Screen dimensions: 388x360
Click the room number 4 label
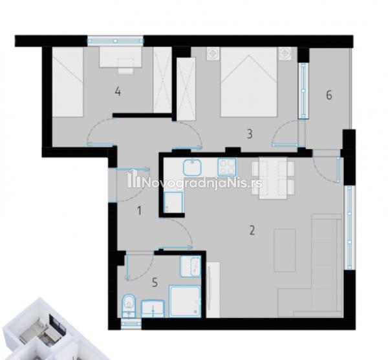click(118, 92)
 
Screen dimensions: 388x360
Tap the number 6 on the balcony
click(329, 95)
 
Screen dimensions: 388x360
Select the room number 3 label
click(250, 134)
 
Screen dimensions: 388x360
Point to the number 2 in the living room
click(252, 231)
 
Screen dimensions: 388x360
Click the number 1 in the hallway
click(139, 211)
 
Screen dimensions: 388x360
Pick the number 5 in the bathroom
click(155, 282)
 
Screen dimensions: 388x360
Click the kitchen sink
click(192, 167)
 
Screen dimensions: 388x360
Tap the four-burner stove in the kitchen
click(227, 167)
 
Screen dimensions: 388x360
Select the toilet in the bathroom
click(129, 306)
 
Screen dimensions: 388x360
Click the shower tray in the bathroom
click(185, 301)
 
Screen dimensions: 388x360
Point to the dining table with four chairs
click(273, 178)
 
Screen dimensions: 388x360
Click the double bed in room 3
click(248, 82)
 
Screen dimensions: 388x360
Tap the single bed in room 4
click(67, 82)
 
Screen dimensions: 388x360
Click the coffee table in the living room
click(285, 251)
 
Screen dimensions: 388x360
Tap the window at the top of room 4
click(116, 41)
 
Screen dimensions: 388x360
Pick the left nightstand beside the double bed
click(213, 54)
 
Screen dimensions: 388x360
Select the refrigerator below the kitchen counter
click(174, 202)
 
